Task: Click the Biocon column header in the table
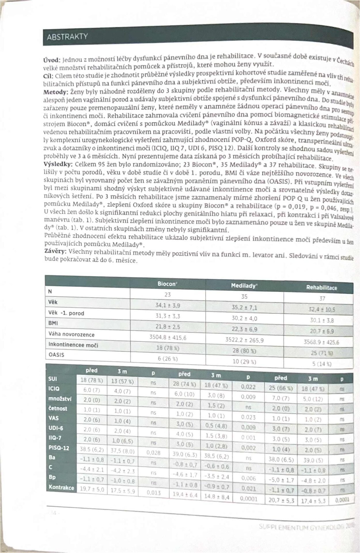pyautogui.click(x=167, y=284)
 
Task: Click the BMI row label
pyautogui.click(x=53, y=323)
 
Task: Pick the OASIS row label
pyautogui.click(x=56, y=355)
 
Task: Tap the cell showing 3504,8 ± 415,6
pyautogui.click(x=168, y=337)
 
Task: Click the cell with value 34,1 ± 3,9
pyautogui.click(x=168, y=305)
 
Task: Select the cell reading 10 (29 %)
pyautogui.click(x=244, y=361)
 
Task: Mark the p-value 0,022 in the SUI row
pyautogui.click(x=248, y=387)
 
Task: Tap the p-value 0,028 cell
pyautogui.click(x=153, y=452)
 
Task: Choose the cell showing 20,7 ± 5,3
pyautogui.click(x=281, y=500)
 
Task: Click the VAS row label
pyautogui.click(x=54, y=418)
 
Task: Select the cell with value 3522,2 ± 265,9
pyautogui.click(x=244, y=340)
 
